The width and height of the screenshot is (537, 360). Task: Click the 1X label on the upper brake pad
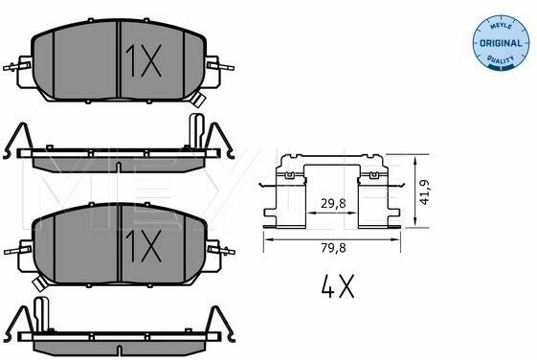tap(144, 61)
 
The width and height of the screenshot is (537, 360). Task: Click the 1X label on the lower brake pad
tap(144, 246)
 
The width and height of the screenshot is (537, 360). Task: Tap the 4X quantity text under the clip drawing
tap(338, 286)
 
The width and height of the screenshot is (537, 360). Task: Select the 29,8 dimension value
tap(333, 204)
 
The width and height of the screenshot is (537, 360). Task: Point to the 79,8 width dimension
tap(333, 248)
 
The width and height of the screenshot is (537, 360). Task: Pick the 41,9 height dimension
tap(424, 192)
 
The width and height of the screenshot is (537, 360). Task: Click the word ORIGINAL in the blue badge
tap(501, 43)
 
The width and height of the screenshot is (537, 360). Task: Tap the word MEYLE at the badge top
tap(501, 26)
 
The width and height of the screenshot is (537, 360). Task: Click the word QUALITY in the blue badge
tap(501, 59)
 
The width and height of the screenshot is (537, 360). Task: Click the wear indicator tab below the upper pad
tap(198, 99)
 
